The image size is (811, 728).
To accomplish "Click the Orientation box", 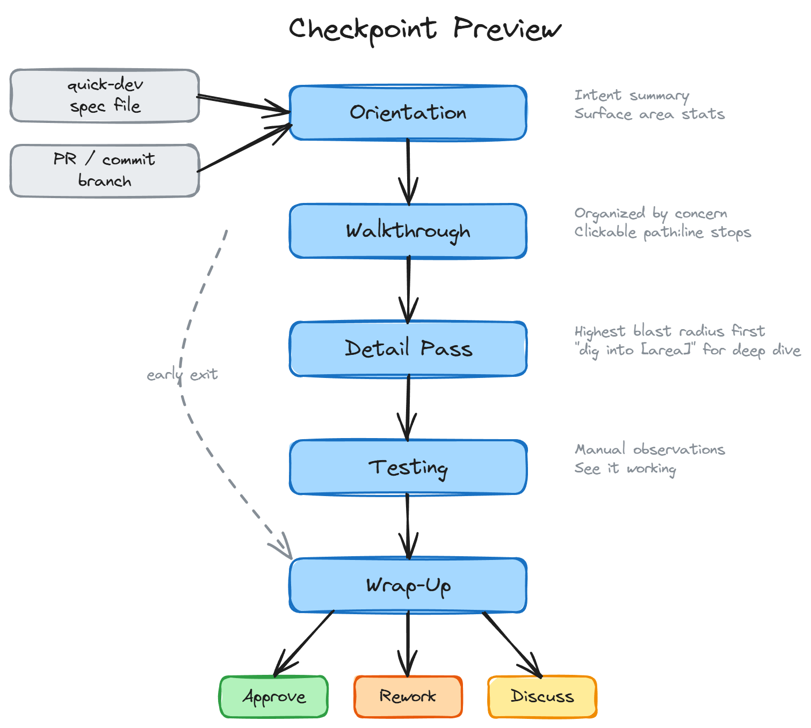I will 408,113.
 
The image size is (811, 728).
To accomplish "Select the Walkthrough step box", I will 408,231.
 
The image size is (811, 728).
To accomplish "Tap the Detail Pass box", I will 408,349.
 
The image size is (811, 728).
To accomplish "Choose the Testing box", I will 408,467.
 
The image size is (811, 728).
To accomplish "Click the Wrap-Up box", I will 408,585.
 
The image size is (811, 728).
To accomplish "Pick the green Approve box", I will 274,697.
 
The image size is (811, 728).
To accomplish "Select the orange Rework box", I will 408,697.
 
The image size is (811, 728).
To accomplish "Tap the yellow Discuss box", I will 542,697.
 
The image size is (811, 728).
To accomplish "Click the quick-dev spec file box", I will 105,96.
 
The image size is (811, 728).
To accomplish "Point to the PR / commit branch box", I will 105,171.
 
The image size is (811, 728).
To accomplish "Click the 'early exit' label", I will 182,374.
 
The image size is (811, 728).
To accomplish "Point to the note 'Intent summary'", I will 632,96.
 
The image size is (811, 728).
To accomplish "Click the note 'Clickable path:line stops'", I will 662,232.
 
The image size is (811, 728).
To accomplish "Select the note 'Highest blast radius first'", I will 669,331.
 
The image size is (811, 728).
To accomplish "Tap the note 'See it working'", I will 625,468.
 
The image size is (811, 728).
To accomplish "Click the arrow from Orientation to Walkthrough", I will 408,172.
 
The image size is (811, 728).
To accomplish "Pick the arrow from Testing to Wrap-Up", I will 408,526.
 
